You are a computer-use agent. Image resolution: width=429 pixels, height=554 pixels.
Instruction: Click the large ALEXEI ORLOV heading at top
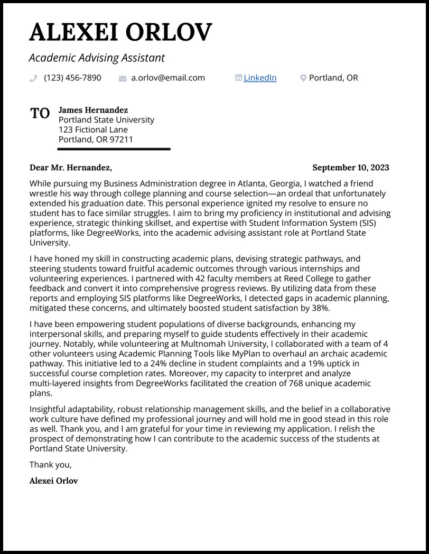pos(120,33)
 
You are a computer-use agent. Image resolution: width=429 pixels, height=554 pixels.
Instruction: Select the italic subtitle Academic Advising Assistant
pos(97,58)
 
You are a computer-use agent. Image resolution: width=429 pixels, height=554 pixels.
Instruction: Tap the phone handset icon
pos(33,78)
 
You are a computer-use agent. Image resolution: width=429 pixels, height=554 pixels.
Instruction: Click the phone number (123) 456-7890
pos(72,78)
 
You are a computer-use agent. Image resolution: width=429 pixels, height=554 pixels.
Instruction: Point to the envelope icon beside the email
pos(123,78)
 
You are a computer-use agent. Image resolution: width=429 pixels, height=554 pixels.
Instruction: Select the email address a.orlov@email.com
pos(168,78)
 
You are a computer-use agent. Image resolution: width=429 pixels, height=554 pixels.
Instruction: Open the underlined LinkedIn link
pos(260,78)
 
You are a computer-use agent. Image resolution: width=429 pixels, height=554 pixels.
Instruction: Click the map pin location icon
pos(303,78)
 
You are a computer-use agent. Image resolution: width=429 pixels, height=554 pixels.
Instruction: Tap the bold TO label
pos(40,113)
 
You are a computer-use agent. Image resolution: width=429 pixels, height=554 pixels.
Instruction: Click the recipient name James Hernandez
pos(93,110)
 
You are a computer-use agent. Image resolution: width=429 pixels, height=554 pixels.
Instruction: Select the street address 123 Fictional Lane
pos(93,130)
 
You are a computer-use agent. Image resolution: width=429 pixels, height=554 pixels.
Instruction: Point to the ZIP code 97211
pos(122,140)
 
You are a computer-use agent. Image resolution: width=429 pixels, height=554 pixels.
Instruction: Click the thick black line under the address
pos(114,149)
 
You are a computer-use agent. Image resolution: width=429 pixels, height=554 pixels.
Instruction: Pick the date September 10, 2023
pos(350,168)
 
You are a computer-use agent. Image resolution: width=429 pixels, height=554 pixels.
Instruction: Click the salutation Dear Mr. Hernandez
pos(70,168)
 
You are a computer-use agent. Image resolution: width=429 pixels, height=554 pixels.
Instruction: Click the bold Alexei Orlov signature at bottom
pos(53,481)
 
